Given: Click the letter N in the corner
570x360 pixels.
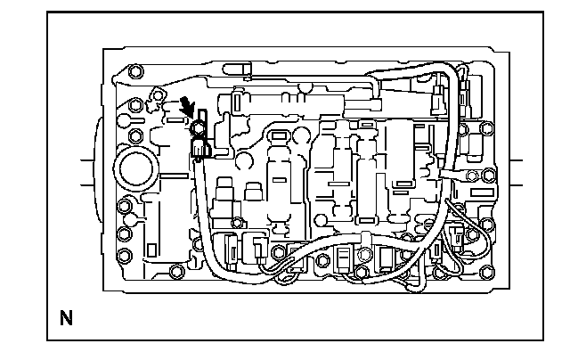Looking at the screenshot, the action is pyautogui.click(x=66, y=318).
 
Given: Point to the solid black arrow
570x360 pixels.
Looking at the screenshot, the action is pyautogui.click(x=188, y=106).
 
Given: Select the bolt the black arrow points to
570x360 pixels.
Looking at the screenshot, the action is pyautogui.click(x=198, y=127).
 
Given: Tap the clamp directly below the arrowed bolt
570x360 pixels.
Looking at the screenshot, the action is pyautogui.click(x=200, y=148).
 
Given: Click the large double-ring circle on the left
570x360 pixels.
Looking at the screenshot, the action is pyautogui.click(x=136, y=169).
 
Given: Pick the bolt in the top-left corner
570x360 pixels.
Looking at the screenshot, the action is pyautogui.click(x=135, y=71).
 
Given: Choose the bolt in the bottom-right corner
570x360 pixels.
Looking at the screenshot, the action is pyautogui.click(x=487, y=272).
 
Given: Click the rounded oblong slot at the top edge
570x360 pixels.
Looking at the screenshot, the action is pyautogui.click(x=237, y=69).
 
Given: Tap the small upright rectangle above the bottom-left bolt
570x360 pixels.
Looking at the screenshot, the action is pyautogui.click(x=151, y=250).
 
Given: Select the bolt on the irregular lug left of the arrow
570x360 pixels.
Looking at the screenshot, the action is pyautogui.click(x=158, y=95).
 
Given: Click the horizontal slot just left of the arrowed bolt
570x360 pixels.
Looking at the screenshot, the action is pyautogui.click(x=175, y=119).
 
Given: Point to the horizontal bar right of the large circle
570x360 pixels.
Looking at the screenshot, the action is pyautogui.click(x=175, y=176).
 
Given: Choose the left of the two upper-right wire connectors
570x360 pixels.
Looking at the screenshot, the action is pyautogui.click(x=437, y=99).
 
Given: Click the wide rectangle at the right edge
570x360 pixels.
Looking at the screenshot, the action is pyautogui.click(x=483, y=192).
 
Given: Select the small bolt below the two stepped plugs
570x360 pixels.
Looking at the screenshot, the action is pyautogui.click(x=237, y=222).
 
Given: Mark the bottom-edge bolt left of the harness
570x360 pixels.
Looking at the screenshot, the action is pyautogui.click(x=177, y=271).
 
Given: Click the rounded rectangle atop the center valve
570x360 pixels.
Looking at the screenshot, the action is pyautogui.click(x=278, y=136).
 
